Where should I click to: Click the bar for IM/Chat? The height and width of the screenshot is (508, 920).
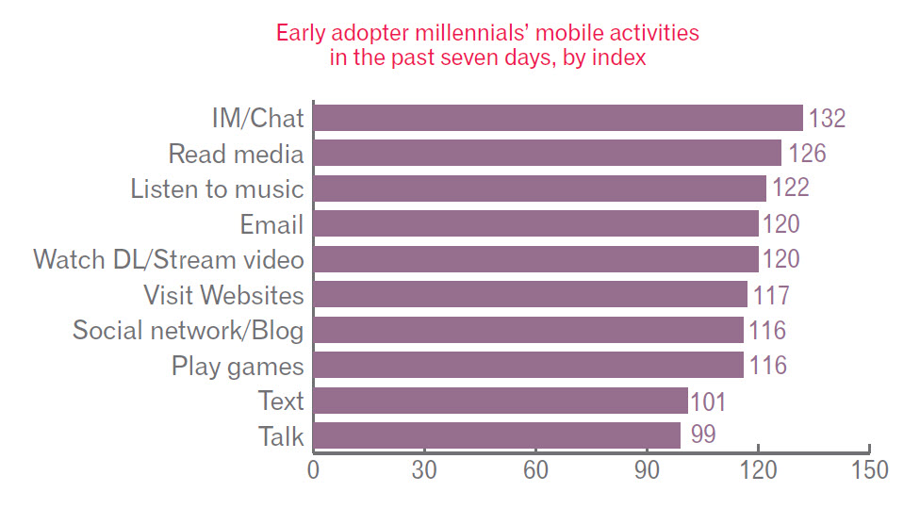click(x=557, y=118)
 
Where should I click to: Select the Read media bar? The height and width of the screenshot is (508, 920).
click(x=547, y=153)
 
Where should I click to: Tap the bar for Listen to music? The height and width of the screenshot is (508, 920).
click(x=539, y=188)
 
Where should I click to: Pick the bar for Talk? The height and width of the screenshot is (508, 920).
click(x=496, y=436)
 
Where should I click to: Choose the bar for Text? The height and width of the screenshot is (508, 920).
click(x=500, y=401)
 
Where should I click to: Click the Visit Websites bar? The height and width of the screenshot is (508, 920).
click(x=530, y=294)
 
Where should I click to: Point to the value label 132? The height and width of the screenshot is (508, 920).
click(x=828, y=119)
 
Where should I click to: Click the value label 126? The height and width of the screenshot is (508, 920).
click(x=806, y=154)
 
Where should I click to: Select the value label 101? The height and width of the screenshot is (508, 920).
click(x=708, y=402)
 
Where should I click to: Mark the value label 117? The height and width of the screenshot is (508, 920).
click(x=770, y=295)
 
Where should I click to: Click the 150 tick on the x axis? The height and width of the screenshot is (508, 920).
click(x=868, y=469)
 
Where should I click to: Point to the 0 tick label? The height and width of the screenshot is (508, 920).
click(x=313, y=469)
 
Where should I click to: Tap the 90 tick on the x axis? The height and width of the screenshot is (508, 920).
click(x=647, y=469)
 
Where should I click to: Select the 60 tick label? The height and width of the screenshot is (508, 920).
click(x=535, y=469)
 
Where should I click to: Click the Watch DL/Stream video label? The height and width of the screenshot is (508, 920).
click(x=169, y=259)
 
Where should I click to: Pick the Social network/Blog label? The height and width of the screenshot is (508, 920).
click(x=189, y=330)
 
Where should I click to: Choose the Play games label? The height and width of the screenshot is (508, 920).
click(x=238, y=366)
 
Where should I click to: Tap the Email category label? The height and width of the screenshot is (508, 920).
click(x=271, y=224)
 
